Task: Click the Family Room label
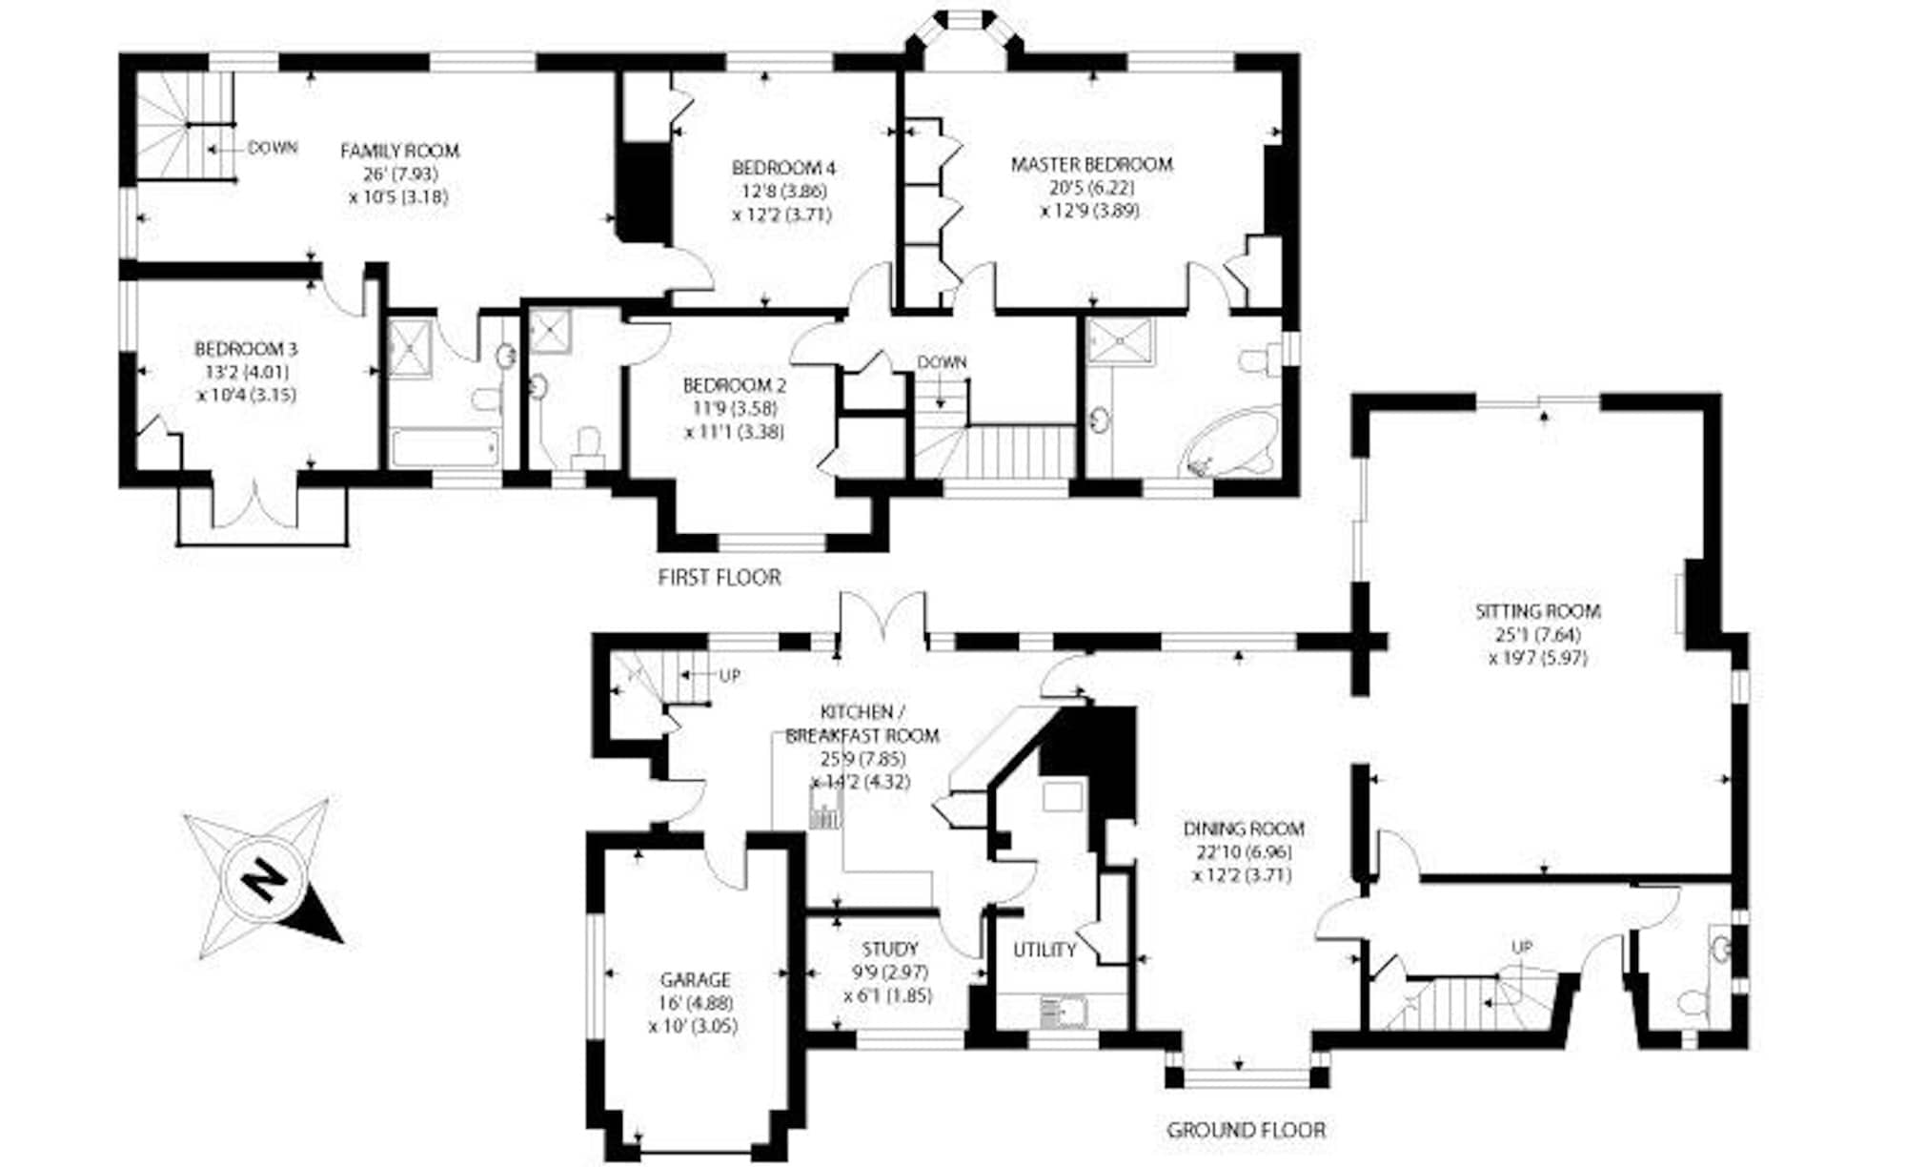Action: pyautogui.click(x=399, y=151)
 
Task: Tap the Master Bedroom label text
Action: pyautogui.click(x=1091, y=164)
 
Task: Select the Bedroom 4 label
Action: pyautogui.click(x=783, y=169)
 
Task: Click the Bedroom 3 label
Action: pyautogui.click(x=246, y=350)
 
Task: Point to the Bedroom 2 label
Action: pyautogui.click(x=735, y=386)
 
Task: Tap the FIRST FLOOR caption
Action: pyautogui.click(x=719, y=577)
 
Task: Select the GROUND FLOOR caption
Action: pyautogui.click(x=1246, y=1130)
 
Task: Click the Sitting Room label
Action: pyautogui.click(x=1537, y=611)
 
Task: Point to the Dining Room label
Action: pyautogui.click(x=1243, y=829)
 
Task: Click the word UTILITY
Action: pyautogui.click(x=1044, y=950)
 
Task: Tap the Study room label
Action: pyautogui.click(x=889, y=949)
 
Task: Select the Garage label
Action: pyautogui.click(x=695, y=979)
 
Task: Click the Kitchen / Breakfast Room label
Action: pyautogui.click(x=861, y=724)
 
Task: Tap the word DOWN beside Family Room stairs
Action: pyautogui.click(x=273, y=148)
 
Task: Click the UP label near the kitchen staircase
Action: pyautogui.click(x=729, y=675)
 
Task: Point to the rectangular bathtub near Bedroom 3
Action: pyautogui.click(x=445, y=447)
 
